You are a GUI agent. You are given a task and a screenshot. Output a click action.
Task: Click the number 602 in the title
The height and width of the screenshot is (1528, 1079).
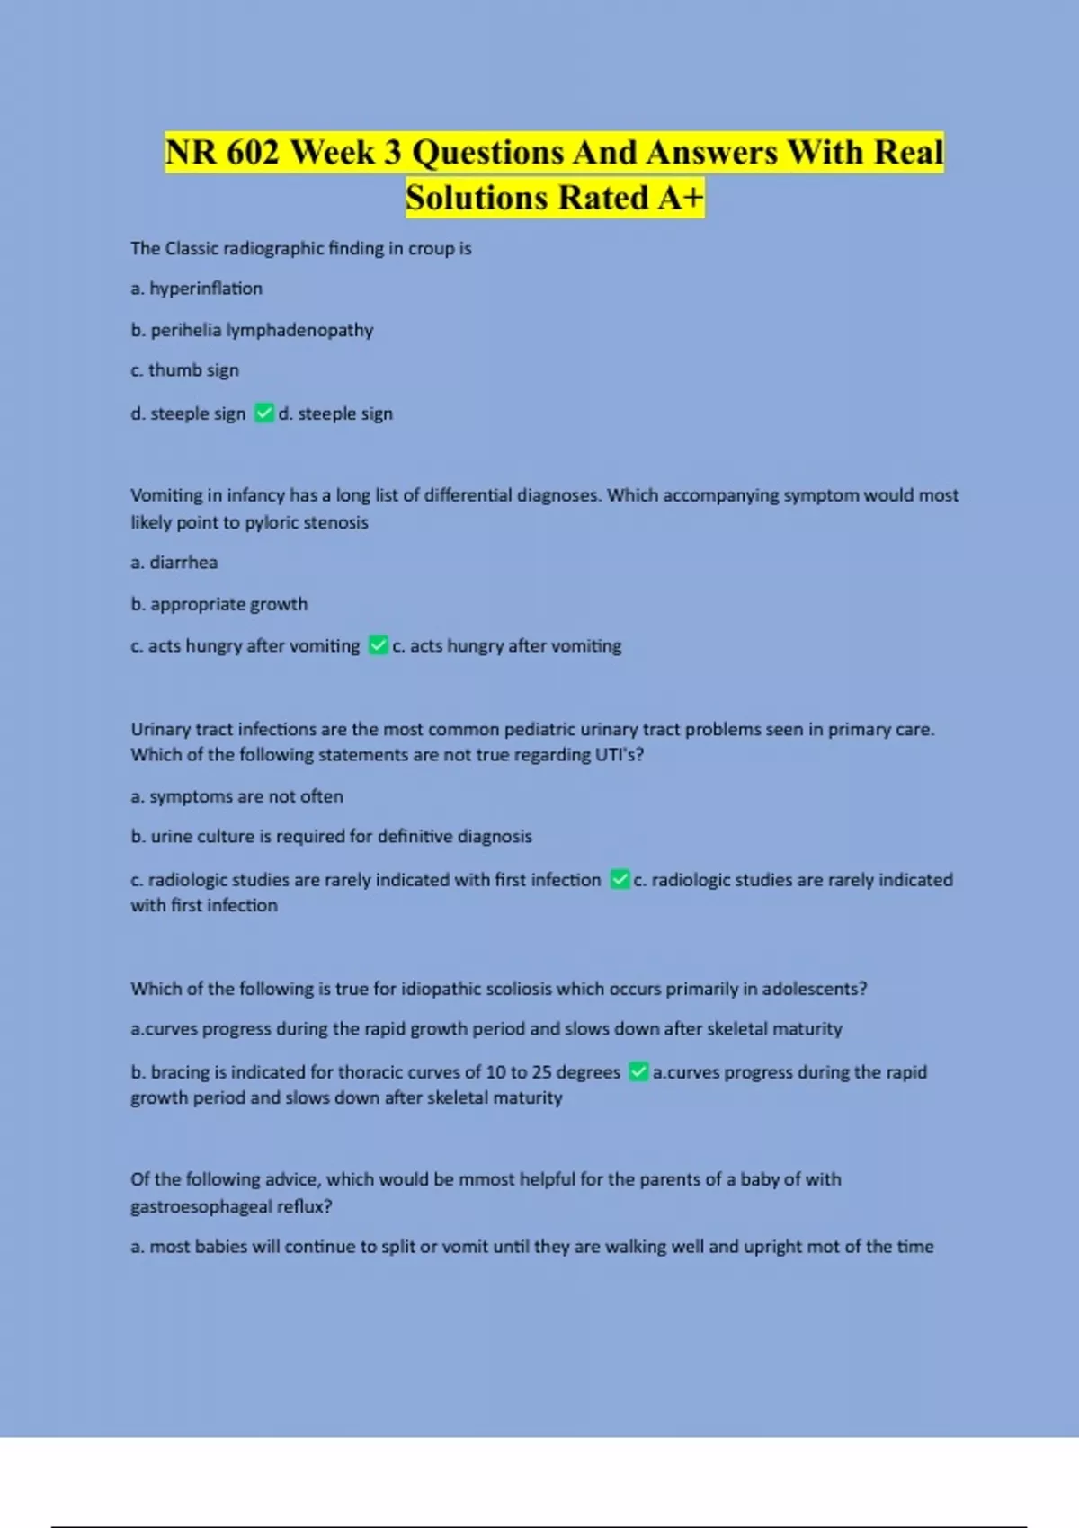254,153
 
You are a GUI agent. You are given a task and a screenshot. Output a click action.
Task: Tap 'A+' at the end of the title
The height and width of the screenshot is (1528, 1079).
680,198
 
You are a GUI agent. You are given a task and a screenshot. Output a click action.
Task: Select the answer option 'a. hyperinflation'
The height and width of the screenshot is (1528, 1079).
197,289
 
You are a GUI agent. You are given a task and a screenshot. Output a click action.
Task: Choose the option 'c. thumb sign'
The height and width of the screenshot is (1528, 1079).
185,370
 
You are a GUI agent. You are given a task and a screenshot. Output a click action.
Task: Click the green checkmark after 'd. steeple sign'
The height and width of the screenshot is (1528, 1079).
263,413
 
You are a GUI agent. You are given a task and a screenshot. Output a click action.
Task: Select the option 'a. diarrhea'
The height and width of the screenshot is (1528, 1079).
174,563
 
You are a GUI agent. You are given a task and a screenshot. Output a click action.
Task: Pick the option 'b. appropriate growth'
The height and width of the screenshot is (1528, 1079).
219,604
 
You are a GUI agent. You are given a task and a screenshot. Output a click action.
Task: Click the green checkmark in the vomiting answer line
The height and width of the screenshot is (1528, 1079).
378,645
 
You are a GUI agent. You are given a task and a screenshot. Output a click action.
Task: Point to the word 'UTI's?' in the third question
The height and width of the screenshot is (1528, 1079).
620,755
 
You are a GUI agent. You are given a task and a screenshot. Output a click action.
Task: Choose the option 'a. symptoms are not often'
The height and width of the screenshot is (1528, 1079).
237,796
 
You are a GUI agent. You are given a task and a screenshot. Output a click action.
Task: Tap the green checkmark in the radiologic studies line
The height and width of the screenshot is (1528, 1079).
620,880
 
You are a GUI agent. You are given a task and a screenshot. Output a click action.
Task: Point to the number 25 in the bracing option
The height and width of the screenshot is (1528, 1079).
540,1072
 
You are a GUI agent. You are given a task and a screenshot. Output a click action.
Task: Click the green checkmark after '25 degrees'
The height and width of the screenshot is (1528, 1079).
638,1072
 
